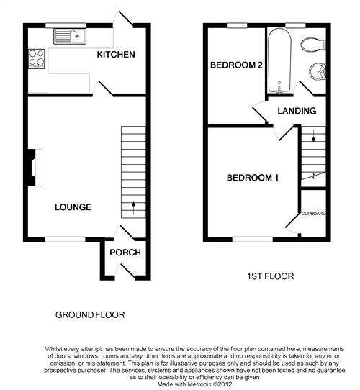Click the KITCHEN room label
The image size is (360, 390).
point(116,55)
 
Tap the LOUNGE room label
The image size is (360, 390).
point(73,207)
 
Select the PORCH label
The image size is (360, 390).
point(125,253)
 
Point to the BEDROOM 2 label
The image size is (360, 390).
point(236,65)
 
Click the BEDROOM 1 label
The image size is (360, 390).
point(253,178)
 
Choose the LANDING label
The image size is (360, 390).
point(297,111)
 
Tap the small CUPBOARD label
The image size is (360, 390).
point(313,214)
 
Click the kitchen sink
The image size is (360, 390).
point(70,37)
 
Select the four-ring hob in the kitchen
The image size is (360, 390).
point(37,59)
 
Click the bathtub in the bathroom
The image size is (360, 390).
point(279,60)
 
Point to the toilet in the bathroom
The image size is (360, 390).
point(313,45)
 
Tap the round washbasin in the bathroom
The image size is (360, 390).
point(318,72)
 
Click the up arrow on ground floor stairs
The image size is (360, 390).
point(133,208)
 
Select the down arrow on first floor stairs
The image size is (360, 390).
point(314,136)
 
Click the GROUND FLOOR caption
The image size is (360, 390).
point(90,315)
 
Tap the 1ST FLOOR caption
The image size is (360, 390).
point(271,276)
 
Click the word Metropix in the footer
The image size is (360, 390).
point(199,384)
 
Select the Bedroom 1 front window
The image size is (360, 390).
point(253,240)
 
